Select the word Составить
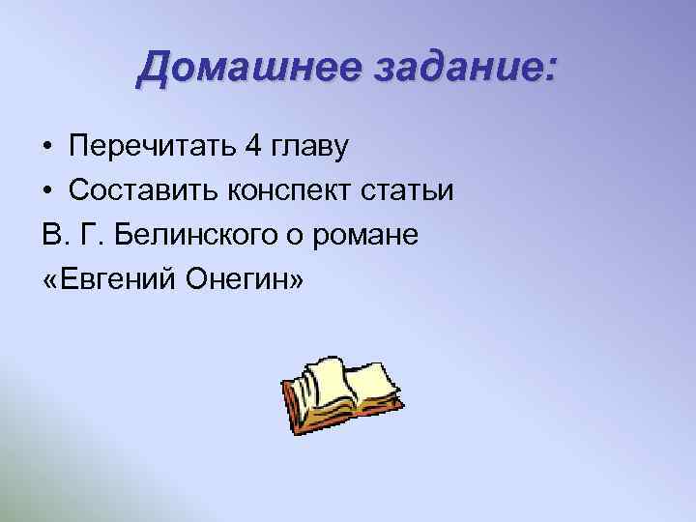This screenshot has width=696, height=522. pos(141,190)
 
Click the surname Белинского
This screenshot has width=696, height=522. pos(198,236)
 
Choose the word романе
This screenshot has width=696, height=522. pos(372,236)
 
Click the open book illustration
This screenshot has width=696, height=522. pos(343,392)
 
